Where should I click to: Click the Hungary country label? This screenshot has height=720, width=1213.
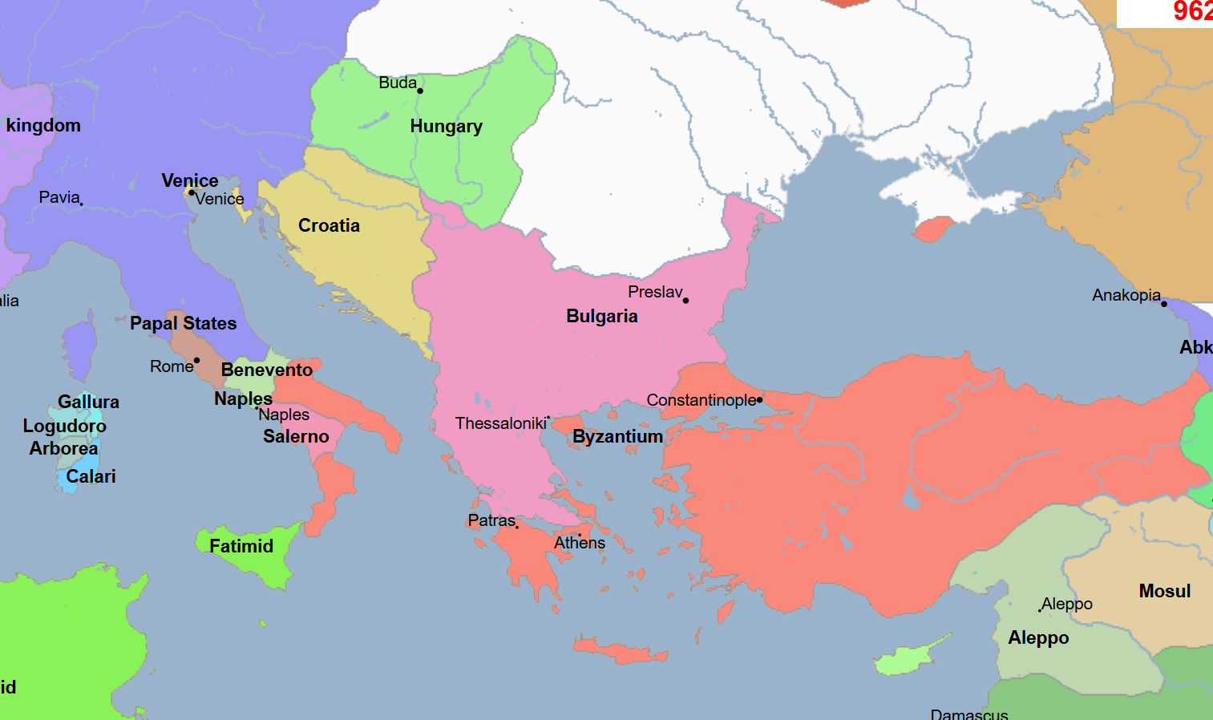coord(446,127)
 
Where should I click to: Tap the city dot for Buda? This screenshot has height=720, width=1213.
coord(420,91)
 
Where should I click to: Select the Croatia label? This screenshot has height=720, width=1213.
coord(329,226)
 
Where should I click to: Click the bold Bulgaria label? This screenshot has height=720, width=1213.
coord(601,317)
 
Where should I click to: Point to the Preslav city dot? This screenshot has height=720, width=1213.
coord(685,301)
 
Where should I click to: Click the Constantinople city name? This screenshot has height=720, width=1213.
coord(701,400)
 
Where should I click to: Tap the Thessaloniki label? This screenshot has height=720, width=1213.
coord(500,423)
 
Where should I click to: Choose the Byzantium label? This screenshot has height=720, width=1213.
coord(617,437)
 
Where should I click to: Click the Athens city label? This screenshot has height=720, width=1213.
coord(580,544)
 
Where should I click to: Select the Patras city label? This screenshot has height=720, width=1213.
coord(491,521)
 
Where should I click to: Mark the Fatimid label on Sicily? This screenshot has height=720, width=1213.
coord(241,547)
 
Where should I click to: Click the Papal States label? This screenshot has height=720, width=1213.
coord(183,324)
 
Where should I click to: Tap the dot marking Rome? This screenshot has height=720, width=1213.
coord(196,361)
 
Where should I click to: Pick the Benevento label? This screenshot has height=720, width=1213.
coord(266,370)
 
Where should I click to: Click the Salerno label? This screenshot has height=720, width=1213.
coord(296,437)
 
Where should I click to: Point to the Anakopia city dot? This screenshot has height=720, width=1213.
coord(1164,304)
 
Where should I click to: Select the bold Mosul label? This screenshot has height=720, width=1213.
coord(1164,592)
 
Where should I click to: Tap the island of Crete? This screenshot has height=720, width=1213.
coord(621,651)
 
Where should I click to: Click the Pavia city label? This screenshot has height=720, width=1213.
coord(59,198)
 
